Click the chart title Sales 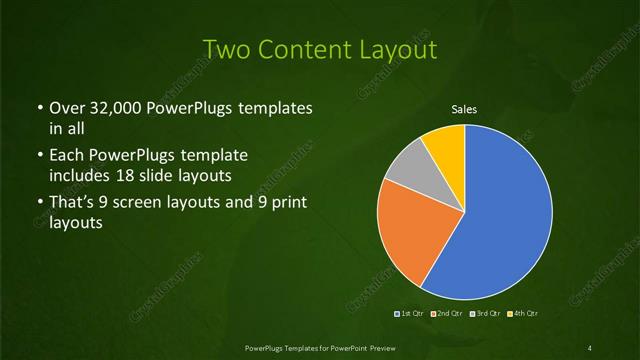coord(463,109)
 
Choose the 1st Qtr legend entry coord(410,314)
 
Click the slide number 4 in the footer coord(590,347)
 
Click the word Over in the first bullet coord(66,107)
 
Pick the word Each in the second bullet coord(65,156)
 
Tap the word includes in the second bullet coord(80,174)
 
